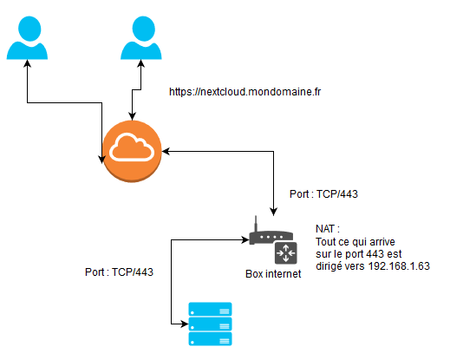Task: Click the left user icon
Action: [x=27, y=37]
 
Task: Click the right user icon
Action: [x=141, y=37]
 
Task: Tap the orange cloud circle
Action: [x=132, y=151]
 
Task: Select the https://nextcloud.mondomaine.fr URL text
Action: [x=245, y=92]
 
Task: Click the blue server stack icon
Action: [x=210, y=324]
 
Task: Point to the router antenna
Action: [x=256, y=223]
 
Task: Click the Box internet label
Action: [x=273, y=274]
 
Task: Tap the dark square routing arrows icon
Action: [x=286, y=253]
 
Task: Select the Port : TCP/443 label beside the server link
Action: [x=119, y=272]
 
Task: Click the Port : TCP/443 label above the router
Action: [x=323, y=194]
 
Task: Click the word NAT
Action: [x=325, y=229]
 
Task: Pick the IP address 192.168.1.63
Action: [x=399, y=266]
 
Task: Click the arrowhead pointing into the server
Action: [x=185, y=324]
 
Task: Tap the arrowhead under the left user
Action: [x=27, y=63]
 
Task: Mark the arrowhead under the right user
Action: [x=141, y=63]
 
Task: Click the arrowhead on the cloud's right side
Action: [x=166, y=151]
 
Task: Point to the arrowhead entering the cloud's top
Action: [x=132, y=116]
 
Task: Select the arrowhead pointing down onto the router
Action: [x=273, y=212]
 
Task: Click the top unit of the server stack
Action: [x=210, y=309]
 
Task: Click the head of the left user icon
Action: [x=29, y=29]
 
